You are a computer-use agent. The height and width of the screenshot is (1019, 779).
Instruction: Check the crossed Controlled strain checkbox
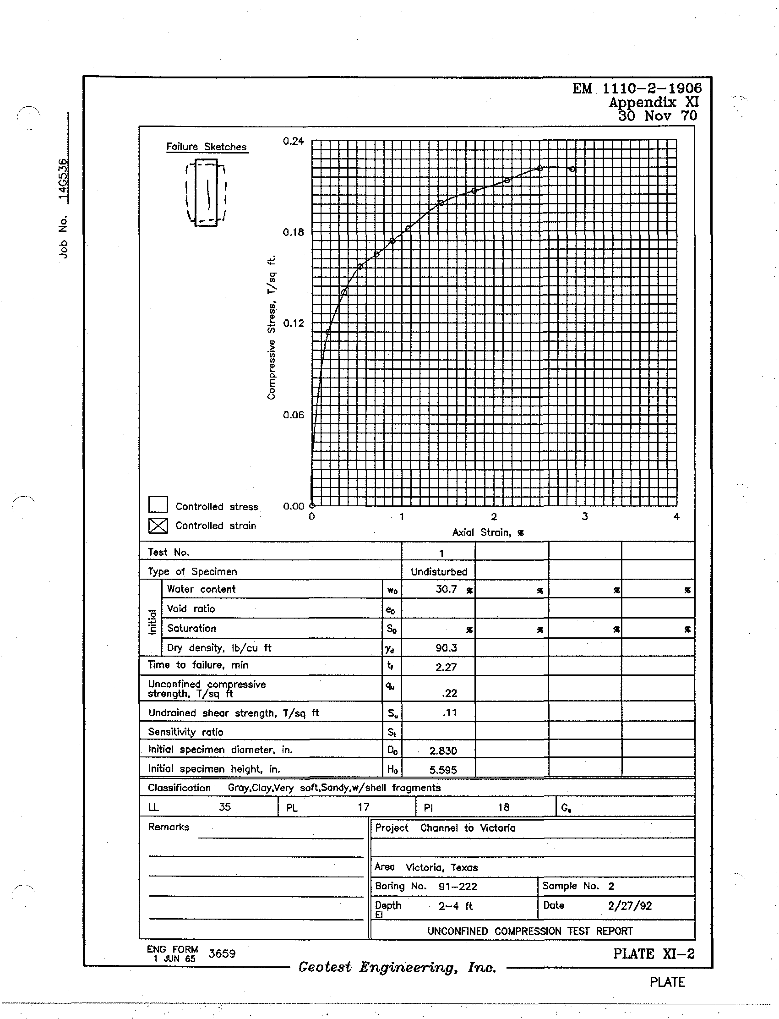point(158,525)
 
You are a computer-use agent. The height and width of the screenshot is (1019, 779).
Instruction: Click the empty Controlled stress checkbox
point(158,504)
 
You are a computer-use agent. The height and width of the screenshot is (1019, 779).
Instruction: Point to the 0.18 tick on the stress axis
point(294,232)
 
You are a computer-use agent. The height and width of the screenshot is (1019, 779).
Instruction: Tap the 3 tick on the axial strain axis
point(585,516)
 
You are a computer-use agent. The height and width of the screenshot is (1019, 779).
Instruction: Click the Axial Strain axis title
point(488,532)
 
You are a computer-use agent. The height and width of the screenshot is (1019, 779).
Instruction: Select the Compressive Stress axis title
point(272,327)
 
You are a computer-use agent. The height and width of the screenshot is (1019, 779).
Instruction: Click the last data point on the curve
point(572,169)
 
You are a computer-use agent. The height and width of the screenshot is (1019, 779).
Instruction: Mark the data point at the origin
point(312,505)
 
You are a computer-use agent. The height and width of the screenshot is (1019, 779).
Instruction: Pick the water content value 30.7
point(446,589)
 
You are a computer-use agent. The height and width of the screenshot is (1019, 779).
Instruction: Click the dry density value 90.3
point(446,648)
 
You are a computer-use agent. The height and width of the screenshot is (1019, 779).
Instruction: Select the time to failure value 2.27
point(446,667)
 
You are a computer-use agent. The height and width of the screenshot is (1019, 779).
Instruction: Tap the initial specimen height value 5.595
point(443,770)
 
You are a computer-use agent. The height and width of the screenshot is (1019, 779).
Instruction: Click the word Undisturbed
point(439,572)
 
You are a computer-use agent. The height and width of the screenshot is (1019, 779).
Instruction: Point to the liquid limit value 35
point(225,807)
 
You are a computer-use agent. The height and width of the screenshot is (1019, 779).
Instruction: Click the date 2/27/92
point(630,906)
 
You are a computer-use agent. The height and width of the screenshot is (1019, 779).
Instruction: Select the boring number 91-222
point(458,886)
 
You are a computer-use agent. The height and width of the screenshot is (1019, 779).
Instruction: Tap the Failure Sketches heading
point(207,147)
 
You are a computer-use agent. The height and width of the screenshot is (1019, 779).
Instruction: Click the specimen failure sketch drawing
point(206,192)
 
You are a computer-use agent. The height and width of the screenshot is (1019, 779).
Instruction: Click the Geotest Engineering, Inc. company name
point(398,967)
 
